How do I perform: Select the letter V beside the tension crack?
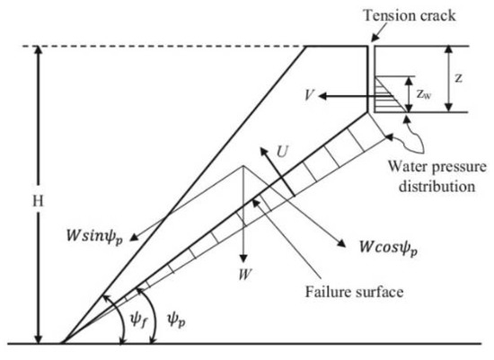pyautogui.click(x=308, y=94)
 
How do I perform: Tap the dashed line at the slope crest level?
pyautogui.click(x=162, y=46)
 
